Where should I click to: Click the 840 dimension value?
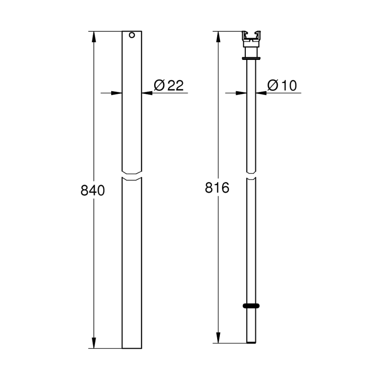coord(93,190)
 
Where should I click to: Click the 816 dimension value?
coord(216,188)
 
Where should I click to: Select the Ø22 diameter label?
coord(169,85)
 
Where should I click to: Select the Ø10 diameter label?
coord(282,85)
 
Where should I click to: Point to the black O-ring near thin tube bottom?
coord(251,306)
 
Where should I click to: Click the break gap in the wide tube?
coord(132,175)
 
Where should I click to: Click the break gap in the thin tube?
coord(251,175)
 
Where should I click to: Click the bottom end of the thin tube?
coord(251,342)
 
